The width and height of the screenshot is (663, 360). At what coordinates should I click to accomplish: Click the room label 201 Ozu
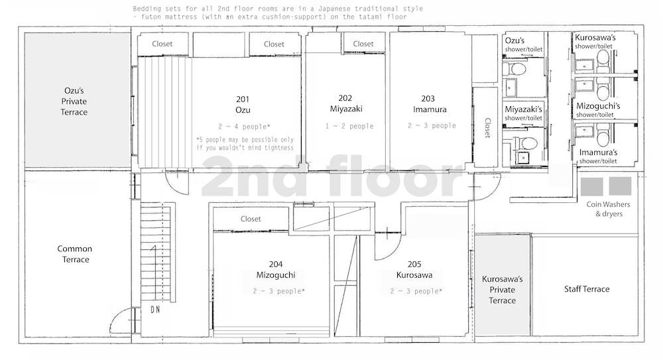[243, 105]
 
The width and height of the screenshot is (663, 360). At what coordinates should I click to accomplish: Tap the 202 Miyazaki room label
[346, 103]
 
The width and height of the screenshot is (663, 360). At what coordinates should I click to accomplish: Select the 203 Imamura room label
[429, 104]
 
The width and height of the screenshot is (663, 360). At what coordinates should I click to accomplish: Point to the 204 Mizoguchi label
[276, 269]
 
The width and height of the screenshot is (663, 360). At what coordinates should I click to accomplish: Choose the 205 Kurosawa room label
[414, 269]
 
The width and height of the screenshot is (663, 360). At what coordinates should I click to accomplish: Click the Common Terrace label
[75, 254]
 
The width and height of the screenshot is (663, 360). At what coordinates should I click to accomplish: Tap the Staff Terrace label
[587, 289]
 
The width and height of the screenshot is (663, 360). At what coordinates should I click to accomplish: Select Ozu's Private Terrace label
[74, 101]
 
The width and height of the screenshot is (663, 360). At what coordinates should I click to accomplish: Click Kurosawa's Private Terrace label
[503, 290]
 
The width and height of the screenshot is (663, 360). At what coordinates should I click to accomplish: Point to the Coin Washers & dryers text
[609, 209]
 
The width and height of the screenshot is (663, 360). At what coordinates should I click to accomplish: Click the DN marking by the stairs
[155, 310]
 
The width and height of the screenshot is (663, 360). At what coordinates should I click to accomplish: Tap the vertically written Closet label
[487, 128]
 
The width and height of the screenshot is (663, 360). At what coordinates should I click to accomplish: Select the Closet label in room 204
[251, 219]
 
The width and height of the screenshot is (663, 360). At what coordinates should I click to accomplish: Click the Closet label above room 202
[363, 44]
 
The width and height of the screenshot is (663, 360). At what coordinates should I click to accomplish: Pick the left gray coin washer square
[591, 186]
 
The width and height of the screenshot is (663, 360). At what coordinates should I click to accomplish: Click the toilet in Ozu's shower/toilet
[517, 69]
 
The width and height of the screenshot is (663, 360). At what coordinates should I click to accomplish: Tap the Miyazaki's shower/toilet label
[524, 113]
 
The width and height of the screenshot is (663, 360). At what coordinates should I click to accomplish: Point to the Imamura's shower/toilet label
[598, 156]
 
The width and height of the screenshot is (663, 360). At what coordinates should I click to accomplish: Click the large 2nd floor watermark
[332, 176]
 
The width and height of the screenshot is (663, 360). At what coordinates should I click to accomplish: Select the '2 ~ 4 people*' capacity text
[245, 127]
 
